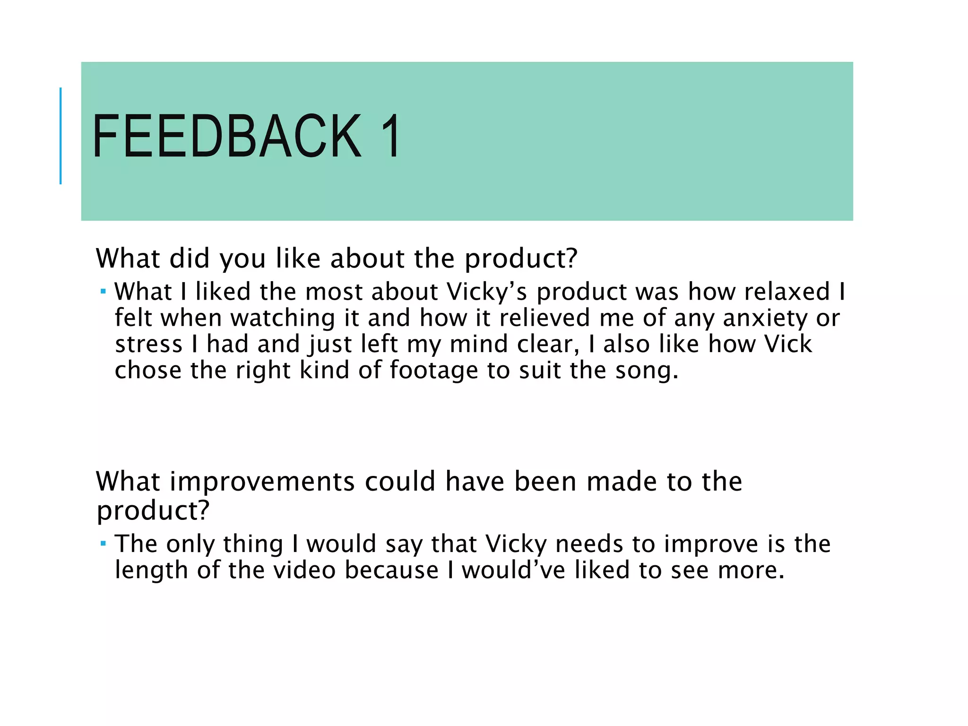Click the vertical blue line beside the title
point(60,136)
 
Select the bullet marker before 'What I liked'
point(103,291)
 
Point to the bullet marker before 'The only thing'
point(103,544)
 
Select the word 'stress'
point(149,344)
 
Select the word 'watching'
point(283,318)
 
